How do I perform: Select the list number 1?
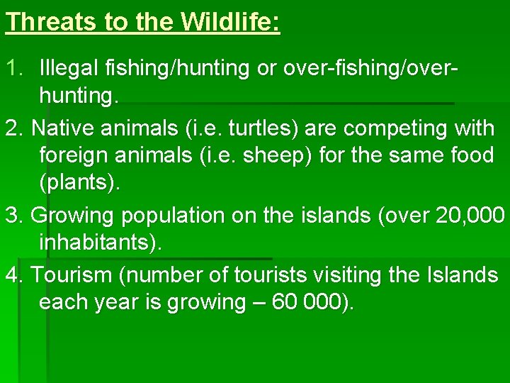click(13, 68)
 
